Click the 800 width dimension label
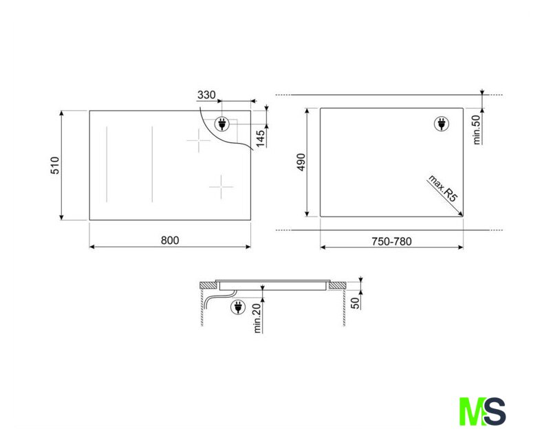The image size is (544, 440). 170,241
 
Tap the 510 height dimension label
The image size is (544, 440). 55,166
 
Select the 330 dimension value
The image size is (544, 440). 206,95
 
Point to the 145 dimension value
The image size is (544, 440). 260,137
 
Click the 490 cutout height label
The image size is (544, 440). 301,162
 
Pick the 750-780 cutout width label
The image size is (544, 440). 391,241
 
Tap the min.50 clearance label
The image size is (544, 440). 477,129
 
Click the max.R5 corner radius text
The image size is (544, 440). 443,188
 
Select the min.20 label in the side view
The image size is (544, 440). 257,318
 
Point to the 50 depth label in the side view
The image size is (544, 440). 356,303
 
